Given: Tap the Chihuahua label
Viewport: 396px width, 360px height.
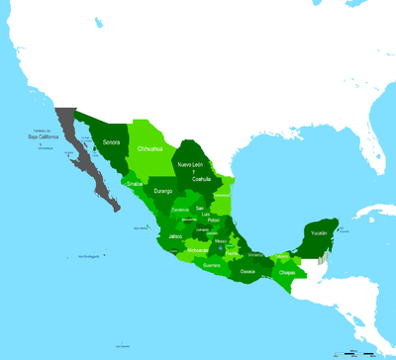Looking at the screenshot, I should coord(149,150).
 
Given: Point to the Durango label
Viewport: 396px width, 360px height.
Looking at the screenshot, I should coord(163,190).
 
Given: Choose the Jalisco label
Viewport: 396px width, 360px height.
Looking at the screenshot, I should coord(176,237).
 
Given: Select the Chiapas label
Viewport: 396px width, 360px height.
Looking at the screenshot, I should coord(287,271).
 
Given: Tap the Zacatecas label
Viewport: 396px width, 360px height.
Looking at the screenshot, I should coord(180,210).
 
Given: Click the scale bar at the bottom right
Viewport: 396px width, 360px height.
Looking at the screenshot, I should coord(356,350).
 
